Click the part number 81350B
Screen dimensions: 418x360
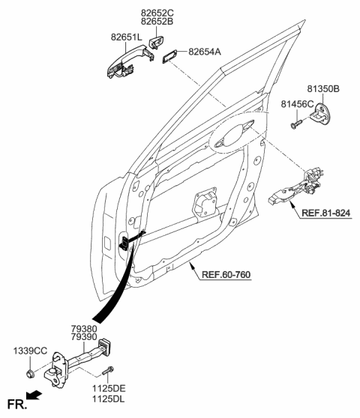323,88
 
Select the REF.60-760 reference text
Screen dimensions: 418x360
226,274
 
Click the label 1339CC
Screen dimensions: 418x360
29,351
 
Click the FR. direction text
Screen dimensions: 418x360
14,405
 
